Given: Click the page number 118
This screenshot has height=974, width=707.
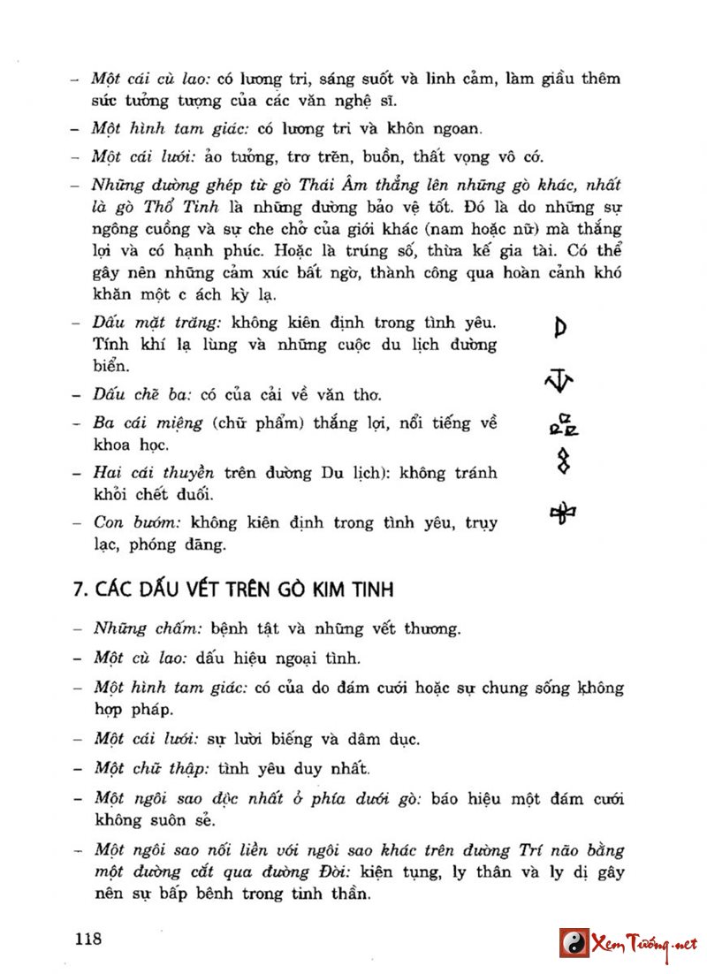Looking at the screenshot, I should click(88, 938).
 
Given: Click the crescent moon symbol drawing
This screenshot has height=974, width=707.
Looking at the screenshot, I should click(560, 328).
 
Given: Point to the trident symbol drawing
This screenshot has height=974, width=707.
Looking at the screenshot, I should click(559, 381).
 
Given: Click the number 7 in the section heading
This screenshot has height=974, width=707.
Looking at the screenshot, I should click(78, 589).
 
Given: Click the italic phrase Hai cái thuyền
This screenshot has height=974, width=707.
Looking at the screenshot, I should click(156, 473).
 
